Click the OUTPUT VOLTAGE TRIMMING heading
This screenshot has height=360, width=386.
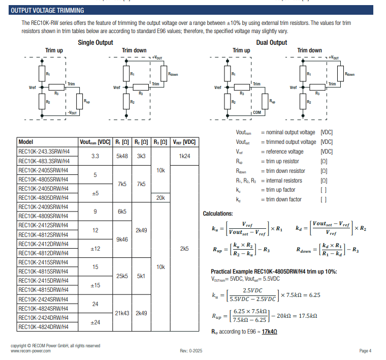(x=47, y=11)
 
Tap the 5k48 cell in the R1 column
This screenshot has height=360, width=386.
(x=122, y=156)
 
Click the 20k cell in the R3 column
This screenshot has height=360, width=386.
(x=160, y=197)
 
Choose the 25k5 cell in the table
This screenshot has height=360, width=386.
(x=122, y=276)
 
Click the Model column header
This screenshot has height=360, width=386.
(x=25, y=142)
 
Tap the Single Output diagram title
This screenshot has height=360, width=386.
(x=95, y=43)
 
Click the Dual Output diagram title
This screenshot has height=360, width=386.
(x=272, y=43)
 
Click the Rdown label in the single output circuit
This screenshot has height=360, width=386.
(x=173, y=74)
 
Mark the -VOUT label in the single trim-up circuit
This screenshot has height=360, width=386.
(x=72, y=112)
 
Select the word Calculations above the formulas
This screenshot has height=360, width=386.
(x=218, y=214)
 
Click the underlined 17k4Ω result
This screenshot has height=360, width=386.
(x=269, y=332)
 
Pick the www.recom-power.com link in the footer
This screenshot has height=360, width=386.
(x=30, y=351)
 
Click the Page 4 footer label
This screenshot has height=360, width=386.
(x=365, y=351)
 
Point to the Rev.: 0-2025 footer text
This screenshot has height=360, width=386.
(x=191, y=351)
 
